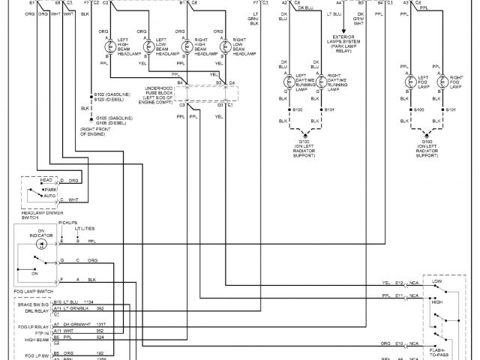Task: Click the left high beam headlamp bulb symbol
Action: (106, 46)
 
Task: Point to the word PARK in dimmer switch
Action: (51, 190)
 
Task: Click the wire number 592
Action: (99, 308)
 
